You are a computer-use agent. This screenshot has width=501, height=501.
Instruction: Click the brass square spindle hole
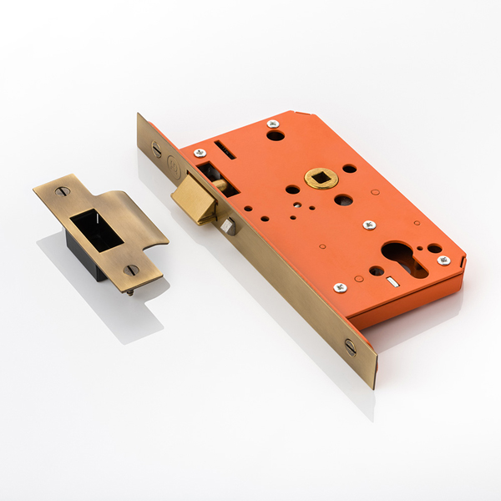[320, 178]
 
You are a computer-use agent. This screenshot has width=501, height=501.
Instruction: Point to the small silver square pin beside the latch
[229, 226]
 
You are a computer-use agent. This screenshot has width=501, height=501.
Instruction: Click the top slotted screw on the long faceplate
[156, 149]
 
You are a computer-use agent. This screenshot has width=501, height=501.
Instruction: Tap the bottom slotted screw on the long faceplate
[350, 345]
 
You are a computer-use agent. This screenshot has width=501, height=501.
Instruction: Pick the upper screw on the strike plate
[63, 192]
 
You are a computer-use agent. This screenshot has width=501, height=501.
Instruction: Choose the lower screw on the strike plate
[131, 270]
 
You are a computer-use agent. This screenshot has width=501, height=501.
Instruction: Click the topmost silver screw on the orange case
[272, 124]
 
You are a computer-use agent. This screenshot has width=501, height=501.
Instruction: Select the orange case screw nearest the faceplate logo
[200, 153]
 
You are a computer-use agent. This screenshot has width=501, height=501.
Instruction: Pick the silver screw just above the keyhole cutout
[369, 225]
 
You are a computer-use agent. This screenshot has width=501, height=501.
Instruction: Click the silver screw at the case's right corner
[443, 261]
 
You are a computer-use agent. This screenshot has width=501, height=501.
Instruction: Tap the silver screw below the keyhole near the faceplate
[340, 287]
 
